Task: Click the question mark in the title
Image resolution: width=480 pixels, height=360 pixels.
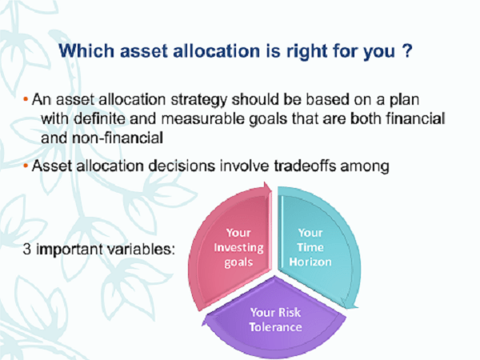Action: tap(407, 50)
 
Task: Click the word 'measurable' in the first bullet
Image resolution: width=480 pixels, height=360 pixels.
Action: tap(202, 118)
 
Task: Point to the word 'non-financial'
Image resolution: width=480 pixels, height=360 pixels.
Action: tap(118, 138)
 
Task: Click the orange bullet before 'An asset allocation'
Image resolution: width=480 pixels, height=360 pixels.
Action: tap(26, 99)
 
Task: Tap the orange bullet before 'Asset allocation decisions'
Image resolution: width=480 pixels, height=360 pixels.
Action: tap(26, 166)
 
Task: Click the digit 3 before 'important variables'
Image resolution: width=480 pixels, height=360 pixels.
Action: tap(27, 249)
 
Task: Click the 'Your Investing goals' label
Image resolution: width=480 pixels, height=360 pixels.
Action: tap(238, 247)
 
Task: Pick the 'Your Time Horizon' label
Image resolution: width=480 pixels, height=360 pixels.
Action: tap(310, 247)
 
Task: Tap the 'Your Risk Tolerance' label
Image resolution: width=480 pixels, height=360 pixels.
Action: tap(275, 319)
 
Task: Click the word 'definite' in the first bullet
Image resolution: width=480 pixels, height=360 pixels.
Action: tap(99, 118)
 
